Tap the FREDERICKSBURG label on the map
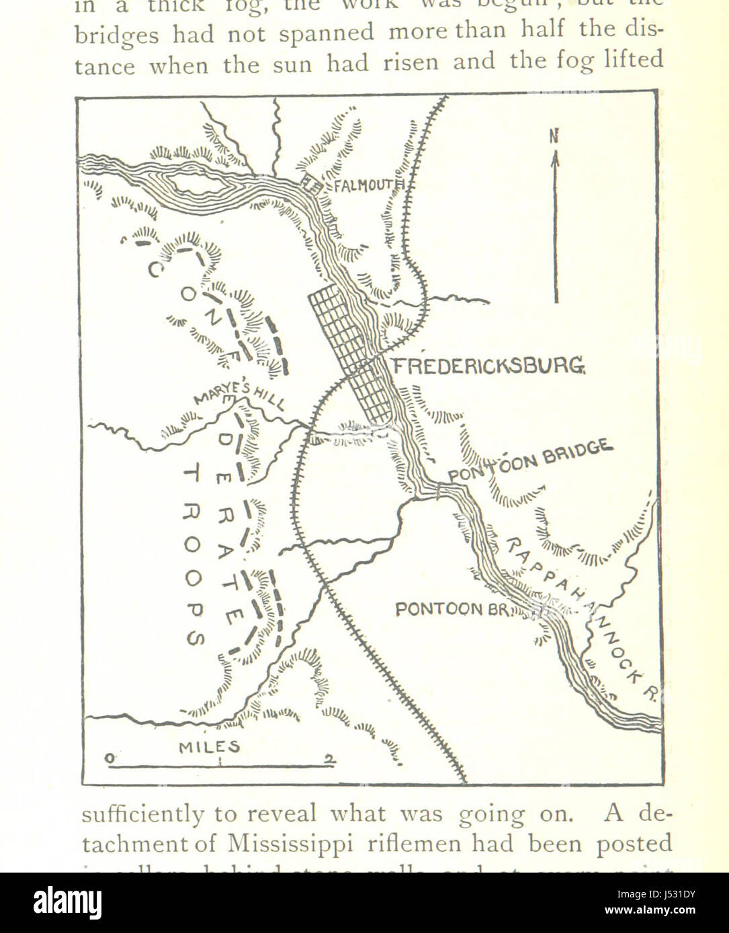pos(488,366)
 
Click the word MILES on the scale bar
pos(209,747)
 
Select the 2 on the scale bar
pos(329,759)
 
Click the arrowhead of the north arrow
pos(556,158)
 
